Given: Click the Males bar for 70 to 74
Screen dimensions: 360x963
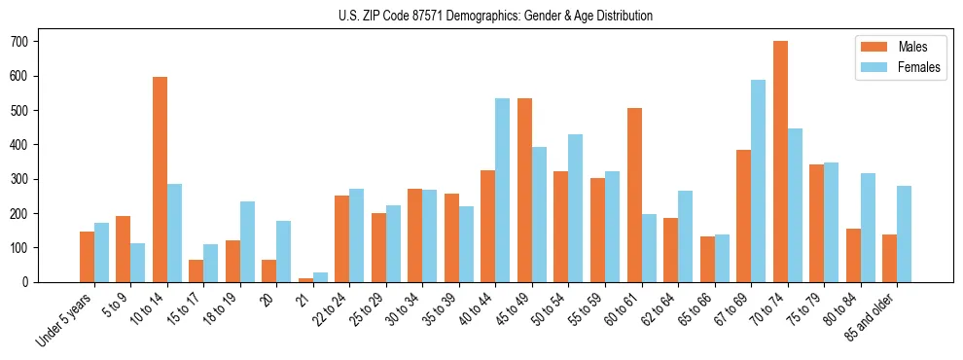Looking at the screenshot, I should click(780, 162).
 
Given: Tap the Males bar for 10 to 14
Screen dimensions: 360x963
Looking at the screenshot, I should click(160, 180).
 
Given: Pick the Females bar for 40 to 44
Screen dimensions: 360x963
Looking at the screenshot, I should click(503, 190).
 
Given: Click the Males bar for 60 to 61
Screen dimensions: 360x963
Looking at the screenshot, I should click(634, 195).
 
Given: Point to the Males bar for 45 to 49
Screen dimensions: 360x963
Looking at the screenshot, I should click(525, 190).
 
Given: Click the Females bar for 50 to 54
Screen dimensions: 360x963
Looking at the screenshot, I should click(576, 208).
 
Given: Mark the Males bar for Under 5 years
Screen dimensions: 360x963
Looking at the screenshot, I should click(87, 257).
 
